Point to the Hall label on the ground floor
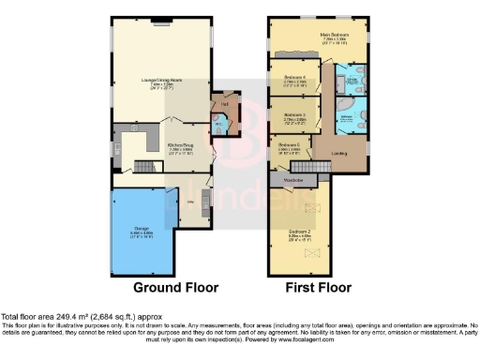(225, 103)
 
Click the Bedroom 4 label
(298, 78)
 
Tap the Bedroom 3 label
(298, 115)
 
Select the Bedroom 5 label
(287, 145)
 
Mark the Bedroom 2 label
(300, 232)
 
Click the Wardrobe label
(295, 177)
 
